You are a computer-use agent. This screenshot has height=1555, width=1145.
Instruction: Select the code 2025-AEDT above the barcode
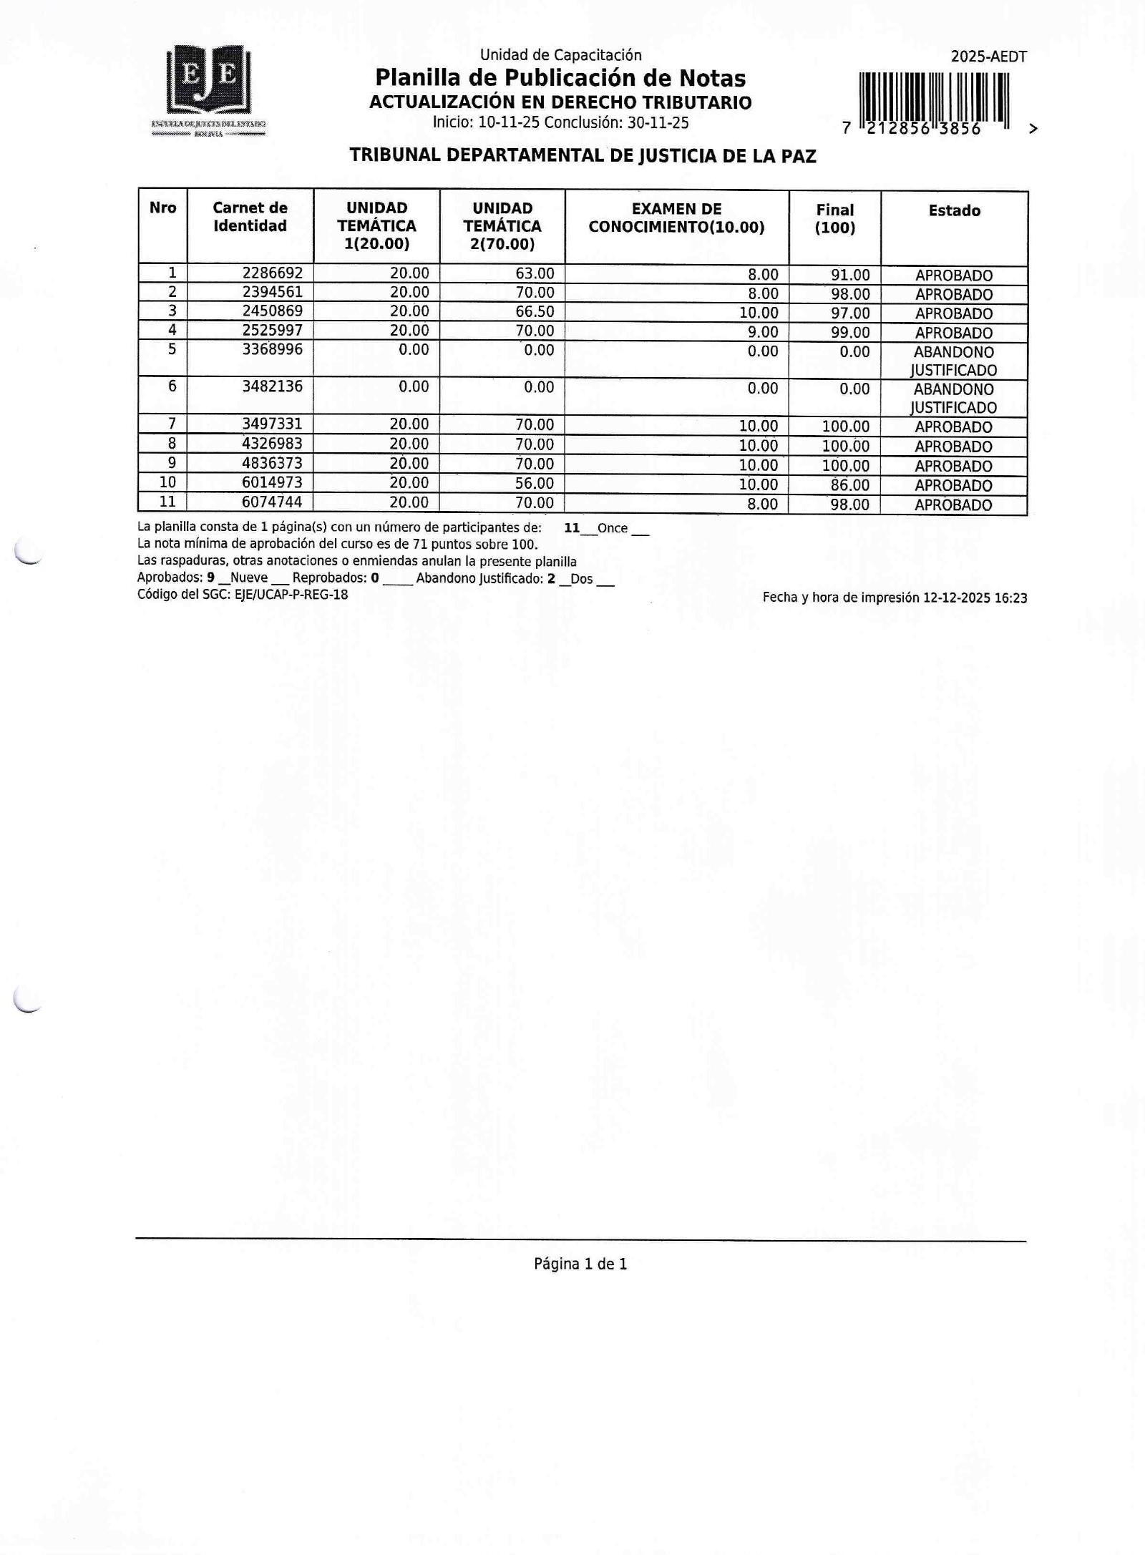pyautogui.click(x=988, y=57)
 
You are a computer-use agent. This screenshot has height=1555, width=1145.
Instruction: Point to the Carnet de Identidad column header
pyautogui.click(x=250, y=217)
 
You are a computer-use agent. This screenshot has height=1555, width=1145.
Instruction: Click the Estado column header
pyautogui.click(x=954, y=210)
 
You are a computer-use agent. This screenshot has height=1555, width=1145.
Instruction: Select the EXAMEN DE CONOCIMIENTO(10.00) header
pyautogui.click(x=676, y=218)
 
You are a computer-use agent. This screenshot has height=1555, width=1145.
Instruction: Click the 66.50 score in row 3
pyautogui.click(x=535, y=312)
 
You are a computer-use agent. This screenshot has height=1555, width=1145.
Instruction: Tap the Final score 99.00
pyautogui.click(x=849, y=333)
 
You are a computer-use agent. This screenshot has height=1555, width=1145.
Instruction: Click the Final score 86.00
pyautogui.click(x=849, y=485)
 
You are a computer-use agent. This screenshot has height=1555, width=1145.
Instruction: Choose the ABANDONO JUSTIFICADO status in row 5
pyautogui.click(x=953, y=361)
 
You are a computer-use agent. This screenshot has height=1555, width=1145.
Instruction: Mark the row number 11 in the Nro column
pyautogui.click(x=167, y=502)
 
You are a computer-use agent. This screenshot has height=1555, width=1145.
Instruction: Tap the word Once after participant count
pyautogui.click(x=612, y=529)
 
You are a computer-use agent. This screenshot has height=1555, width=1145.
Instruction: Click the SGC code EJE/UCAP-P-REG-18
pyautogui.click(x=291, y=595)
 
